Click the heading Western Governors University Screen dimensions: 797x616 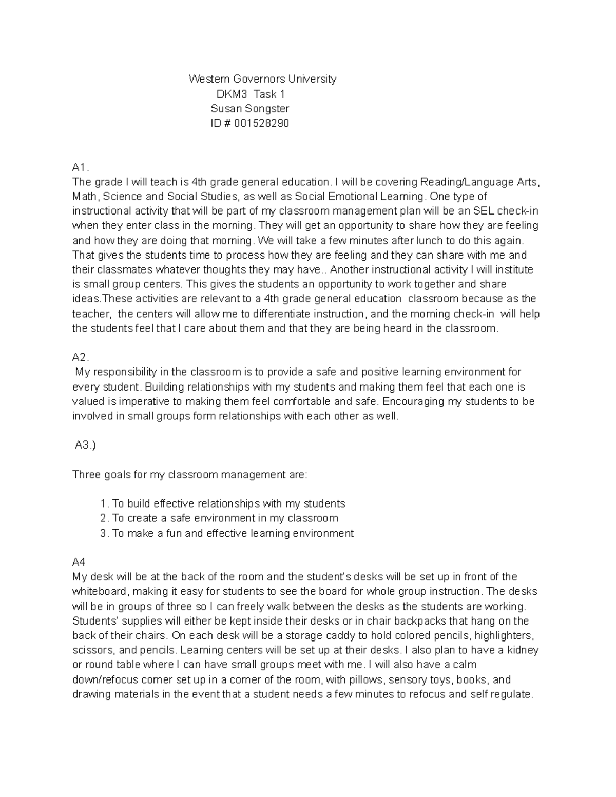262,79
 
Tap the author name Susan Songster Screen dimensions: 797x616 250,109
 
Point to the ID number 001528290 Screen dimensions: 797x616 261,123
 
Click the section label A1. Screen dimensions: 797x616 81,167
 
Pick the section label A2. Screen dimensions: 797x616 81,357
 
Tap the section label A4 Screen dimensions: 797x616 79,562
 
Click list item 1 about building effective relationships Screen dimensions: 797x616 223,503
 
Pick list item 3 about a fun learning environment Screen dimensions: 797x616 227,533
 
